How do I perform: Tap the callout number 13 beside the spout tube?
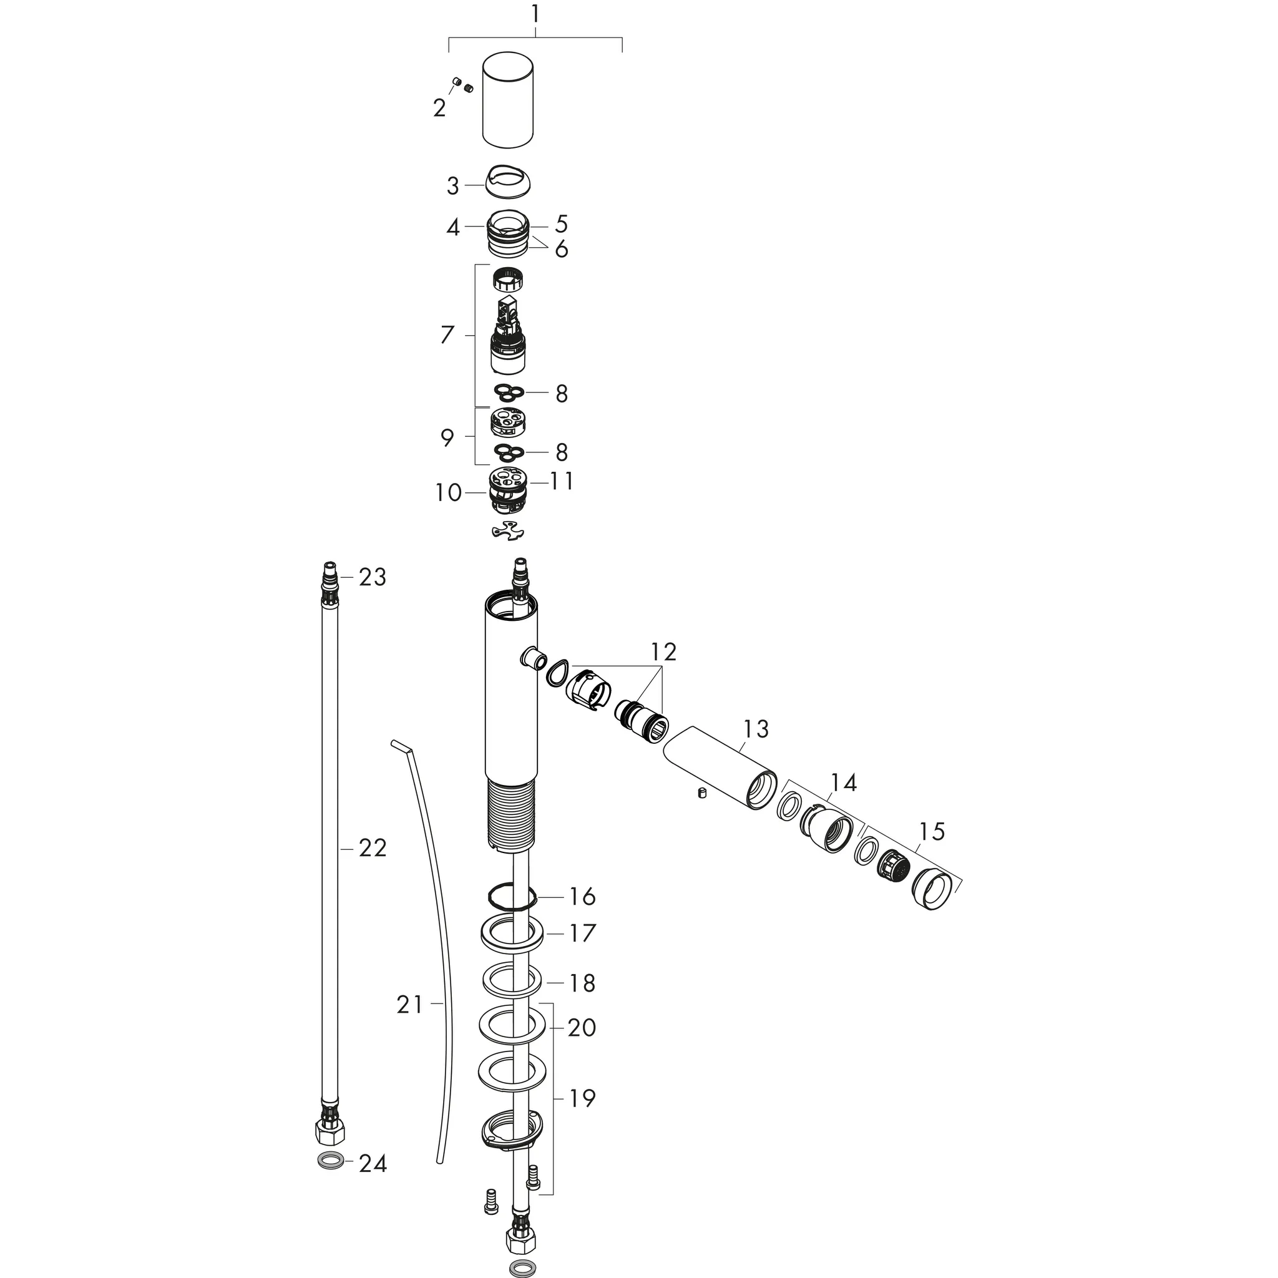(x=756, y=729)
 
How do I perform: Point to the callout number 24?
(x=373, y=1182)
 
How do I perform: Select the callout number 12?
(x=663, y=652)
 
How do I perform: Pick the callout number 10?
(x=448, y=493)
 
